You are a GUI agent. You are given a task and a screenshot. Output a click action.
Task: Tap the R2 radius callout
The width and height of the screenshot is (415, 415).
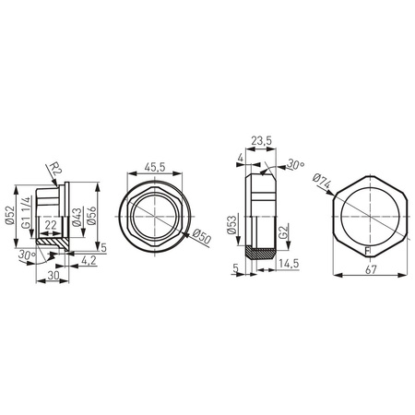point(55,169)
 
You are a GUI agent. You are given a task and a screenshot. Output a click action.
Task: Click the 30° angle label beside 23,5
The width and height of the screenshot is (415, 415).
point(295,166)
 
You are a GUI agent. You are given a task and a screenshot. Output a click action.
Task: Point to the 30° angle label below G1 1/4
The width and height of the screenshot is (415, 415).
point(27,255)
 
